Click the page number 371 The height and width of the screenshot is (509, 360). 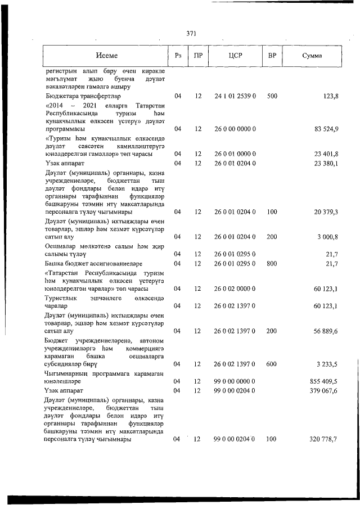tap(191, 33)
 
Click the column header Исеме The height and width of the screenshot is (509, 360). tap(106, 56)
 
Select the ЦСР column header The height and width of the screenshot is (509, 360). tap(235, 56)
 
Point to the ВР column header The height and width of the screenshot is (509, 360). tap(272, 56)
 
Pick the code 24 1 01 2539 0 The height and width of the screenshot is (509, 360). tap(235, 97)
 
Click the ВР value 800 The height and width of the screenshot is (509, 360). tap(272, 263)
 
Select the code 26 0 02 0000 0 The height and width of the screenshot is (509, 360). tap(235, 289)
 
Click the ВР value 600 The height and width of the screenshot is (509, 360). tap(272, 364)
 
